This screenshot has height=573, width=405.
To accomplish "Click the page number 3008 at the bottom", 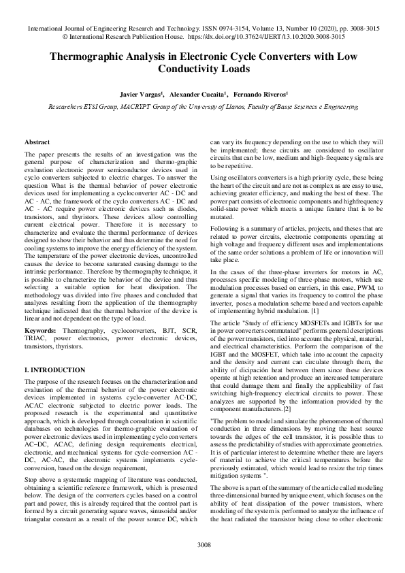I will tap(202, 545).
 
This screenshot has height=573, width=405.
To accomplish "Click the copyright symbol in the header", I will tap(64, 39).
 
